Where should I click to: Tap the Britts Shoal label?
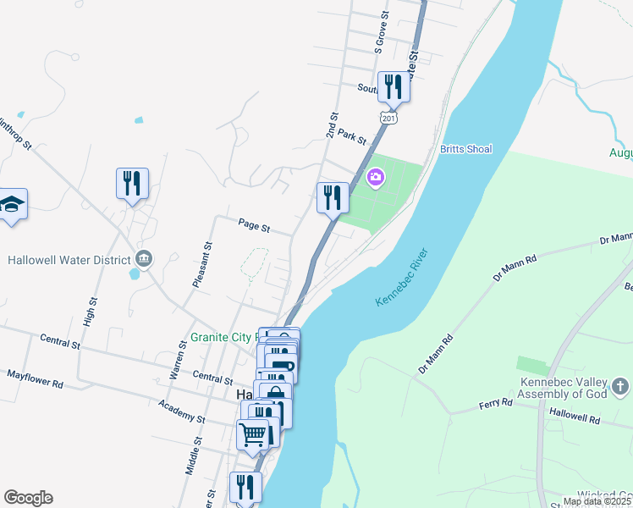pos(465,149)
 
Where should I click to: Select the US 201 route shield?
pos(388,118)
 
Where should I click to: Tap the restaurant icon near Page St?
pos(333,197)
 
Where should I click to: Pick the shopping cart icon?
pos(253,434)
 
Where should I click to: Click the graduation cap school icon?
pos(12,204)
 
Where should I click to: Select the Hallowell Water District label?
pos(69,259)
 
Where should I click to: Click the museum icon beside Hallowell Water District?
pos(143,258)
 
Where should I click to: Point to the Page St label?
pos(254,226)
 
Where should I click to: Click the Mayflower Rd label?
pos(36,378)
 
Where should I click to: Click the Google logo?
pos(28,498)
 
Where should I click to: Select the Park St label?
pos(350,135)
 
